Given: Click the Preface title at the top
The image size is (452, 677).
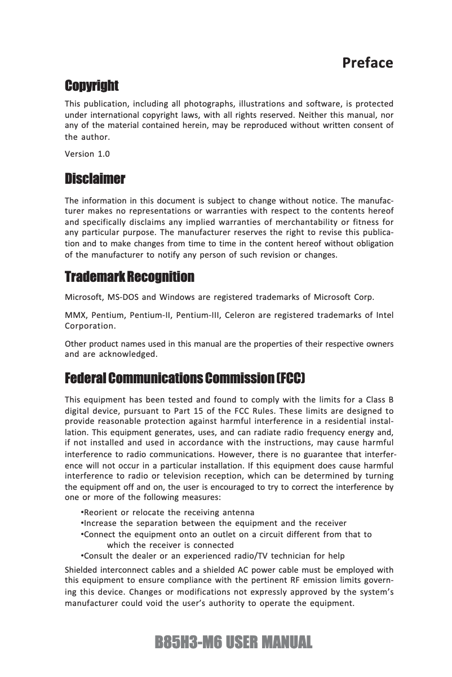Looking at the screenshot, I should [x=367, y=63].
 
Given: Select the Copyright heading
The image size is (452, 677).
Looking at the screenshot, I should [x=91, y=86].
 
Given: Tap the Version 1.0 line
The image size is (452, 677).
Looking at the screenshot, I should [x=87, y=154].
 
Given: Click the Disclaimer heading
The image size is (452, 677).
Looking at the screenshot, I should [x=95, y=179].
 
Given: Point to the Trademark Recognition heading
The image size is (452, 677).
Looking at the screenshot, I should [x=130, y=277].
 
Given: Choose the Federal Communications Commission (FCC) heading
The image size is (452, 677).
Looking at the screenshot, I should [x=185, y=377].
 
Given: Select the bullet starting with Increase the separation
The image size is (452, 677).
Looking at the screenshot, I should [x=214, y=523].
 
